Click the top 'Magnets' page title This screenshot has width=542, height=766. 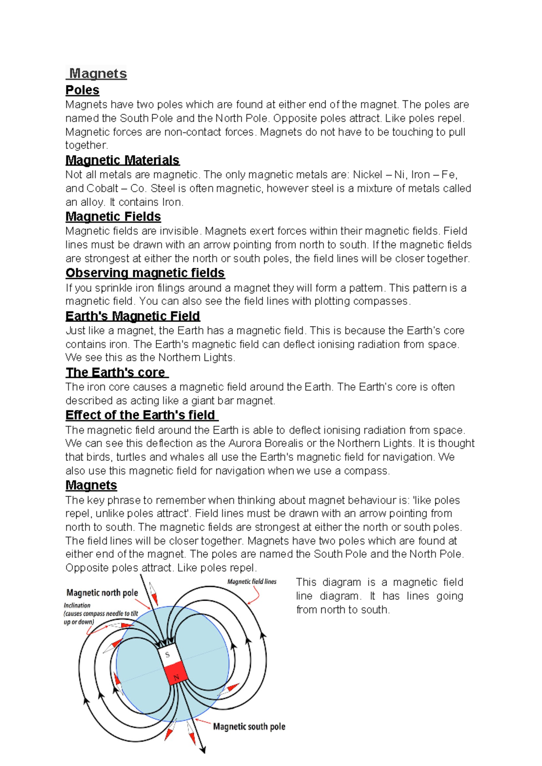click(x=98, y=74)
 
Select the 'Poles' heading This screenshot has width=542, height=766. click(x=82, y=90)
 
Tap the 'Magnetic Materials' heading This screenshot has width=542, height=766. click(x=122, y=160)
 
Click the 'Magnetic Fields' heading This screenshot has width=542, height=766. click(x=113, y=217)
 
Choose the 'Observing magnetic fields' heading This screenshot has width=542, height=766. click(x=145, y=273)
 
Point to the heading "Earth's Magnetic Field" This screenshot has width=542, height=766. click(x=133, y=316)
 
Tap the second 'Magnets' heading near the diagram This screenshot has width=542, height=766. click(x=91, y=486)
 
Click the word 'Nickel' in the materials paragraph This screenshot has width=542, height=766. click(x=367, y=175)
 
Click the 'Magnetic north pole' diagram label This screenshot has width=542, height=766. click(x=102, y=593)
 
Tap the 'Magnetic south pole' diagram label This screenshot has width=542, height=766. click(x=249, y=727)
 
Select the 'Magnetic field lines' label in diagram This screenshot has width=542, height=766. click(x=252, y=582)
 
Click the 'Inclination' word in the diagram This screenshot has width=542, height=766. click(x=77, y=605)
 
